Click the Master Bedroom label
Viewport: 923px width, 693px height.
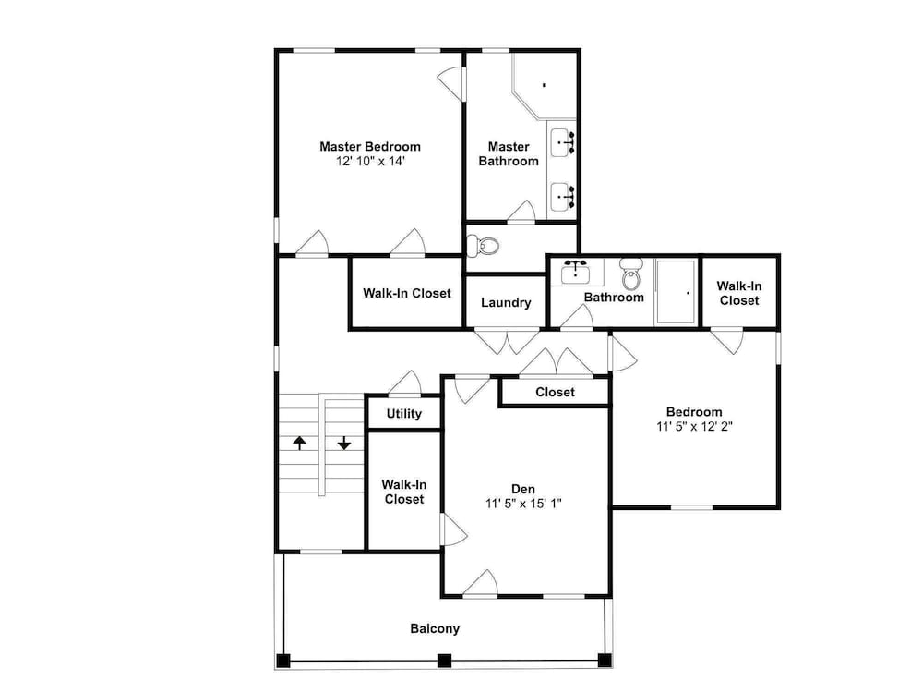370,147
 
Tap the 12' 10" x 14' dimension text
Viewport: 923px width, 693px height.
370,162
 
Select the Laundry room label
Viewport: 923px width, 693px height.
506,303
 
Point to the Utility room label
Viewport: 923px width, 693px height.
404,414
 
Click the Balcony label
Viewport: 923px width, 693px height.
435,628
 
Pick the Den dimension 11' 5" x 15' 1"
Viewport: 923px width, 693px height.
523,504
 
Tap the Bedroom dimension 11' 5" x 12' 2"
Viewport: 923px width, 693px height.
695,427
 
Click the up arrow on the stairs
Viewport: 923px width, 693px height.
300,444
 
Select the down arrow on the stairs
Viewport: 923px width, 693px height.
343,444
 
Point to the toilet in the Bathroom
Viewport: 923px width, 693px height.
631,275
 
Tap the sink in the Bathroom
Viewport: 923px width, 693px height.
575,272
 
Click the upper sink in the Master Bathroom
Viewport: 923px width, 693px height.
563,142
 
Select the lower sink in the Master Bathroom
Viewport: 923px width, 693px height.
563,197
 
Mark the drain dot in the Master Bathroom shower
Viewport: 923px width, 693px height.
545,85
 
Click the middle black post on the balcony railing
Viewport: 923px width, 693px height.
445,661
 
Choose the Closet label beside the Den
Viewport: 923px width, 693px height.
555,393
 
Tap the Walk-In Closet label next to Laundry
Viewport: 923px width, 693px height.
407,294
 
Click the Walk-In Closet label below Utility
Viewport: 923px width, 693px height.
404,492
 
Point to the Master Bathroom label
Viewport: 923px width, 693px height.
509,153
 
